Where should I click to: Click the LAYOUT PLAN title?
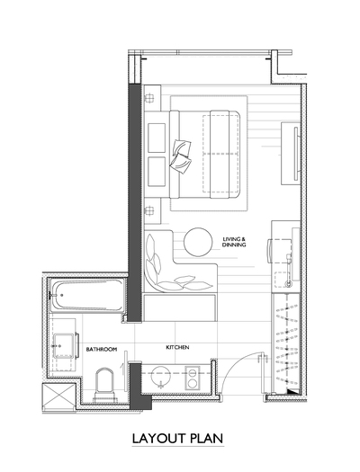point(177,439)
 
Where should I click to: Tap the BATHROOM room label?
point(101,349)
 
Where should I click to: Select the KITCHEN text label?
point(177,347)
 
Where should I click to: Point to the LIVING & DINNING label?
point(234,242)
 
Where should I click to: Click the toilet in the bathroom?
point(104,385)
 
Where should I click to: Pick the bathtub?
point(87,295)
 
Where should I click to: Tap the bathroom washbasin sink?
point(63,345)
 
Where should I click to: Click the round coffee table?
point(198,242)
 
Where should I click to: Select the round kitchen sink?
point(160,376)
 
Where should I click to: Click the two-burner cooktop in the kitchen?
point(193,378)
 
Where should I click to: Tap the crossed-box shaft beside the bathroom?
point(58,396)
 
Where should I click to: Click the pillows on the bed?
point(181,156)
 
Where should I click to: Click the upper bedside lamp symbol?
point(149,98)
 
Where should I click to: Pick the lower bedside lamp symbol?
point(149,210)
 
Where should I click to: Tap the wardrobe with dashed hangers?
point(286,343)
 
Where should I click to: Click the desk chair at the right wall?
point(279,251)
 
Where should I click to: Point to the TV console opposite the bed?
point(291,154)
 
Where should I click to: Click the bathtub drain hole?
point(61,295)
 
